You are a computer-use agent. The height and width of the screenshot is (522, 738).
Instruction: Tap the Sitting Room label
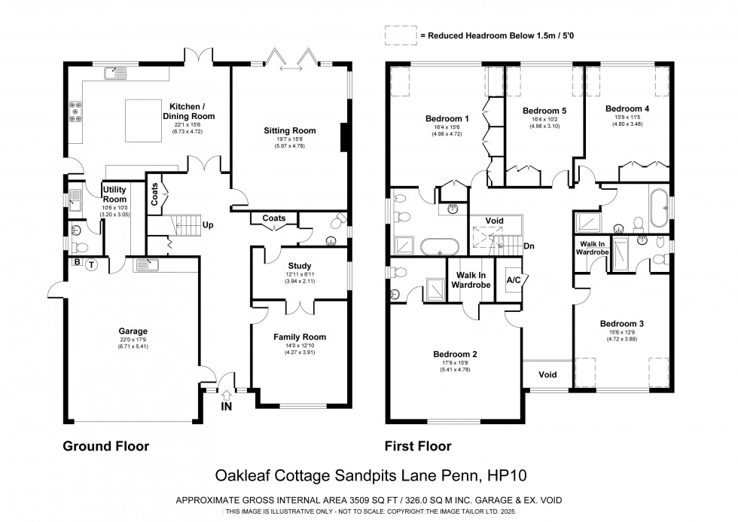coord(289,130)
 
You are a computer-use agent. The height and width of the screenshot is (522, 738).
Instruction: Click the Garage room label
coord(133,331)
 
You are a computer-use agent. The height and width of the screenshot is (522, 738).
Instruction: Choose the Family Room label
coord(299,337)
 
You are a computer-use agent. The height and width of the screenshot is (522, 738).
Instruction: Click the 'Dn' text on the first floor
coord(529,246)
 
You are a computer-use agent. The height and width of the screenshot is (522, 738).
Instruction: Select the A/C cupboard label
coord(515,280)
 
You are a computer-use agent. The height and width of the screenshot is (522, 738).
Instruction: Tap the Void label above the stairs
coord(494,221)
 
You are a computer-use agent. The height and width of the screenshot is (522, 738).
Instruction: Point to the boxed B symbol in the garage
coord(77,262)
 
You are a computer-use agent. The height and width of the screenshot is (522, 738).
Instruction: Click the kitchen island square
coord(143,119)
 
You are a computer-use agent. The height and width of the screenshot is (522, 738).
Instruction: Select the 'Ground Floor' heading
coord(105,446)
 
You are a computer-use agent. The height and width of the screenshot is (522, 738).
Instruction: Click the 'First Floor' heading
coord(418,446)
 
